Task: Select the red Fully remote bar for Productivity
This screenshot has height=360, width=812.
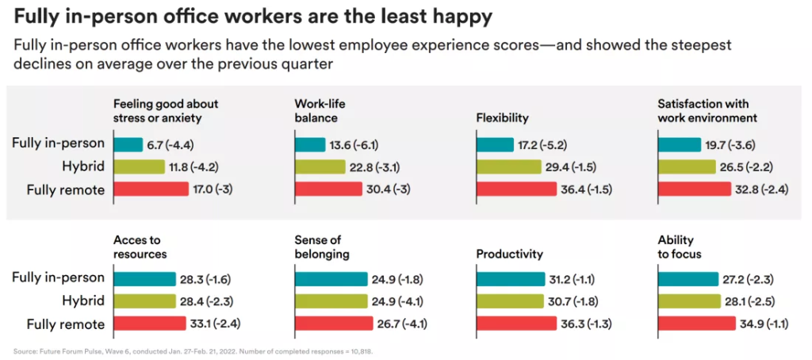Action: pos(516,324)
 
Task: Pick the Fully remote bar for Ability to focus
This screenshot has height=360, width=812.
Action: pos(696,324)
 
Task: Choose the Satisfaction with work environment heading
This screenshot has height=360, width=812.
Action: pos(707,111)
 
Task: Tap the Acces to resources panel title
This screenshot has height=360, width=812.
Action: pos(140,247)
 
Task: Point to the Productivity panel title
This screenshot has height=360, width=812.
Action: pos(509,254)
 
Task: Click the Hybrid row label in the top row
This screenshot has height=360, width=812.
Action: pos(82,167)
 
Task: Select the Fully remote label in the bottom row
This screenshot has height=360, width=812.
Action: pos(65,324)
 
